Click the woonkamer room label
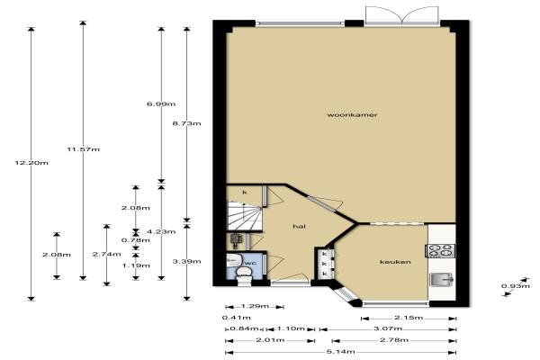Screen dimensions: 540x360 click(352, 114)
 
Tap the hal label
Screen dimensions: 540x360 click(300, 226)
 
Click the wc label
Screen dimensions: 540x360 click(250, 263)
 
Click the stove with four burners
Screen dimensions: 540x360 click(441, 250)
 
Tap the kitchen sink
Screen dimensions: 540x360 click(442, 279)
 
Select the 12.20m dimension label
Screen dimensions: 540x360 click(31, 163)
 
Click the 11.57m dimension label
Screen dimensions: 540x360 click(84, 149)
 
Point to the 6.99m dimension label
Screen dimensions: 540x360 click(161, 103)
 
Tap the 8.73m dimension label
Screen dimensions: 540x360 click(186, 123)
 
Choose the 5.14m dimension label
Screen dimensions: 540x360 click(341, 352)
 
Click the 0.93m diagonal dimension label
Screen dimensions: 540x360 click(516, 286)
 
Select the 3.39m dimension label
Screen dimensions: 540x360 click(186, 262)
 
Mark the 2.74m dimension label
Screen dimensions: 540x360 click(107, 254)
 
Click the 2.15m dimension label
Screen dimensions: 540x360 click(409, 318)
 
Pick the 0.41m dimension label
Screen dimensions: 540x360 click(236, 318)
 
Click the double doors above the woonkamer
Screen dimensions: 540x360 click(402, 15)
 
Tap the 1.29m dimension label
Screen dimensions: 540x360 click(255, 306)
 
